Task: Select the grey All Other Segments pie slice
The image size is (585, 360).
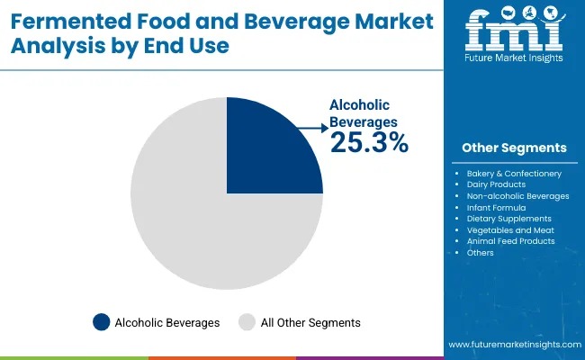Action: pyautogui.click(x=198, y=225)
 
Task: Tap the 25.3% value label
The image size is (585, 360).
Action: pyautogui.click(x=369, y=142)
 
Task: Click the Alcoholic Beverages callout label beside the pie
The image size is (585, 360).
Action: pyautogui.click(x=364, y=112)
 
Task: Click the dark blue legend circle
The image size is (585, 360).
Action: pyautogui.click(x=101, y=322)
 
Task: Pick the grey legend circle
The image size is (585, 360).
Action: pyautogui.click(x=247, y=322)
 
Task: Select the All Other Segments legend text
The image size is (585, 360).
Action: pyautogui.click(x=311, y=322)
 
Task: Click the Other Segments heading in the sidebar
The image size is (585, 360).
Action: pyautogui.click(x=514, y=148)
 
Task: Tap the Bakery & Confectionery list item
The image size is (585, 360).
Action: pyautogui.click(x=514, y=173)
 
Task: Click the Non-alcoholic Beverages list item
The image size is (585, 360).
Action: pyautogui.click(x=517, y=195)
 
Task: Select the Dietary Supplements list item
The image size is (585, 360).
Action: pyautogui.click(x=509, y=218)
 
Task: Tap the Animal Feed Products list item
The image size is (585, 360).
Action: pyautogui.click(x=510, y=240)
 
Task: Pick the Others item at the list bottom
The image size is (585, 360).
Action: pyautogui.click(x=481, y=252)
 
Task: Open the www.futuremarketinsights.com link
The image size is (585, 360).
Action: pyautogui.click(x=513, y=346)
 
